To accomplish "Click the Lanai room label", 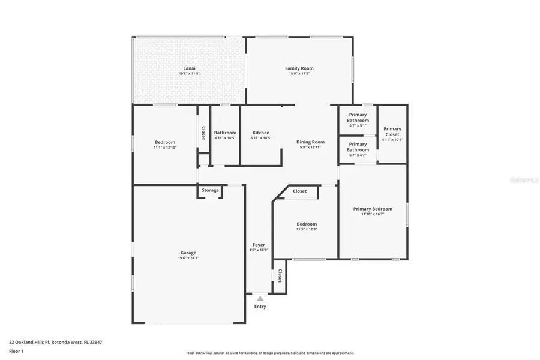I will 189,68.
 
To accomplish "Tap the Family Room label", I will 299,68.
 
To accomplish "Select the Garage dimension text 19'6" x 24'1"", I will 188,258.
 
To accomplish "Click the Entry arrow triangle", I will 260,298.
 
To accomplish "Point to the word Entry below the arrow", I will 260,307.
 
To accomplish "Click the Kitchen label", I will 261,133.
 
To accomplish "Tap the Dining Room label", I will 310,142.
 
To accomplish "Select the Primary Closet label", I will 392,131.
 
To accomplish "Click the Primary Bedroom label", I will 373,209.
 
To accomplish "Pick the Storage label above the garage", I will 210,191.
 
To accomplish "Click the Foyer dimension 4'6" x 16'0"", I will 259,250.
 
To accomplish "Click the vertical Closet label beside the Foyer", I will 280,276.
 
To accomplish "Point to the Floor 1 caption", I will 16,350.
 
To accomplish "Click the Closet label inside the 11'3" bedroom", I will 300,191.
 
